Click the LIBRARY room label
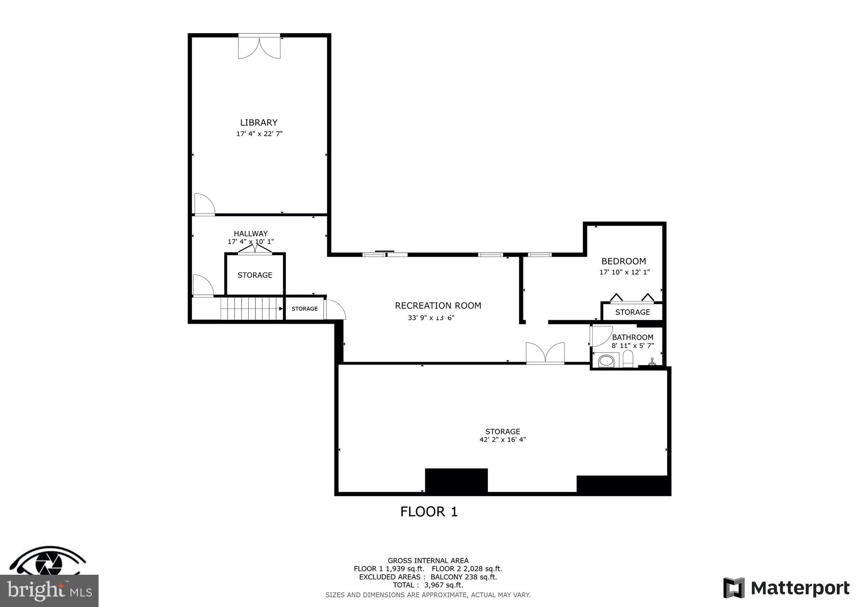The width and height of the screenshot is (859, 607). (x=259, y=122)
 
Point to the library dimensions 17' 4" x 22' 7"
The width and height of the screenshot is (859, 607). (x=259, y=134)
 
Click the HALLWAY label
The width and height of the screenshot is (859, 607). (x=250, y=233)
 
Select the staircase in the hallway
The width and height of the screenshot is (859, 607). (x=252, y=309)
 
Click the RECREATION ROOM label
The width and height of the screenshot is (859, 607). (x=438, y=306)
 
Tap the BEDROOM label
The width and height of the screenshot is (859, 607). (x=623, y=261)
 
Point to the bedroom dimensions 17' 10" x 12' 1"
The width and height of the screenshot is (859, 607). (x=624, y=272)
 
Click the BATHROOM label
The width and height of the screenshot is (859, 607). (x=633, y=337)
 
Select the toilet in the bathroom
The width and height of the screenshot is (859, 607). (x=627, y=359)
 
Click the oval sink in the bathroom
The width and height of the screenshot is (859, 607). (x=606, y=361)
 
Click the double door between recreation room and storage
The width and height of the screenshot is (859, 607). (x=545, y=353)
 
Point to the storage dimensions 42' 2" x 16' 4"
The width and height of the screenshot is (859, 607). (x=502, y=440)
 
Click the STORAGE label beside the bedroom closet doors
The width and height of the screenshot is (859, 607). (x=632, y=312)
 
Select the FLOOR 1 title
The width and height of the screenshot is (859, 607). (x=429, y=511)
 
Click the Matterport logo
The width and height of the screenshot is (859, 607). (x=786, y=588)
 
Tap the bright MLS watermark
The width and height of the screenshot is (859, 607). (x=49, y=591)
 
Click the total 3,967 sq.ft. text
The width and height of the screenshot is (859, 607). (x=428, y=585)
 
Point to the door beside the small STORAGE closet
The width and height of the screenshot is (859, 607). (x=335, y=309)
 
